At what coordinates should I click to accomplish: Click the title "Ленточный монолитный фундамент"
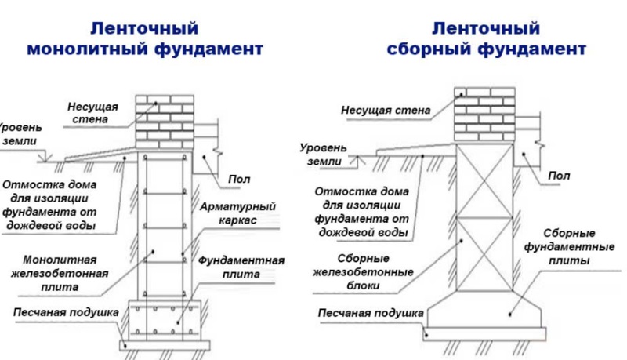click(145, 38)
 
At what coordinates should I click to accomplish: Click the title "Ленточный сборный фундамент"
click(486, 38)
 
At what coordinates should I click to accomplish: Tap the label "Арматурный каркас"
click(238, 213)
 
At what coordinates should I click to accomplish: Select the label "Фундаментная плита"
click(241, 267)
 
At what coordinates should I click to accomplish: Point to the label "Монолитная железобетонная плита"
click(60, 273)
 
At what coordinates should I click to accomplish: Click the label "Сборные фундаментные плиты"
click(569, 247)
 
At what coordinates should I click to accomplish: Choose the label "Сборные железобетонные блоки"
click(363, 272)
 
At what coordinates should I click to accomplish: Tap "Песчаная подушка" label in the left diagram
click(66, 312)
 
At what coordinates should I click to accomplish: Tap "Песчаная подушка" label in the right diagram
click(371, 313)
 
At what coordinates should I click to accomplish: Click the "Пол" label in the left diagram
click(239, 179)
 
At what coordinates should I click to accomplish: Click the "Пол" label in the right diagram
click(559, 176)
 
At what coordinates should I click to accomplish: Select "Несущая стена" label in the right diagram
click(386, 110)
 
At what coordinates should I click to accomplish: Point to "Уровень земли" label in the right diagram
click(324, 155)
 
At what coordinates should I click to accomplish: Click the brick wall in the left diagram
click(165, 122)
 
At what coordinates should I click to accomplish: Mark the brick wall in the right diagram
click(484, 115)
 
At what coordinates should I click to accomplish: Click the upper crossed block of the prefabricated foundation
click(484, 181)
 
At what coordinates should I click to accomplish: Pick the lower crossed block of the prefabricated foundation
click(484, 254)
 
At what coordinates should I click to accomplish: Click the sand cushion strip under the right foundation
click(484, 333)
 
